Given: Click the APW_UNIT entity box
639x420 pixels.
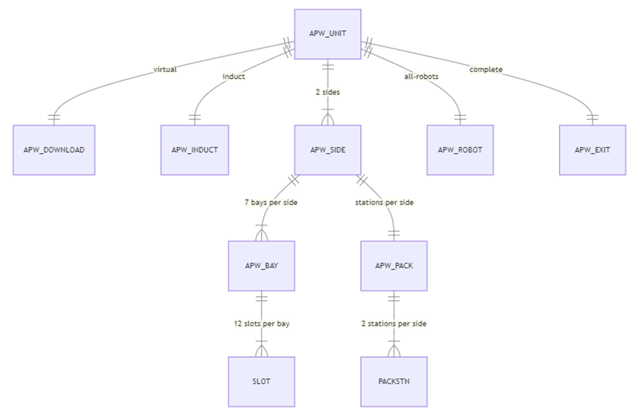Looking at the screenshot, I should tap(327, 34).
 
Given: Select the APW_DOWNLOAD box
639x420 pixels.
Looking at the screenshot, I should tap(54, 150).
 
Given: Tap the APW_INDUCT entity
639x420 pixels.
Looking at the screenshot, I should tap(195, 150).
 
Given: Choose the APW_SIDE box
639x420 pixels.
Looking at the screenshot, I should tap(327, 150).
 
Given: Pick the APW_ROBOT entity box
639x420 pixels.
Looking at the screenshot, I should tap(459, 150).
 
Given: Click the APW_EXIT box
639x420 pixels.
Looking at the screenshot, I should tap(592, 150).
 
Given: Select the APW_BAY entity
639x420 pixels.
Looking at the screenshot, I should tap(261, 266).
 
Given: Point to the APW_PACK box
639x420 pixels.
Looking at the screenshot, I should tap(394, 266).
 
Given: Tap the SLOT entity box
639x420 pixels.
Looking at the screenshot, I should tap(261, 381).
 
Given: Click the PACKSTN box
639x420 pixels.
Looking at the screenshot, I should tap(394, 381).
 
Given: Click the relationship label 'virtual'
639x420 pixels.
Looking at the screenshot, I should tap(165, 69).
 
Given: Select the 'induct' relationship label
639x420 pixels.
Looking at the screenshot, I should tap(233, 77).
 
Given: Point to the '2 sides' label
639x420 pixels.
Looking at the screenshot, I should tap(327, 92).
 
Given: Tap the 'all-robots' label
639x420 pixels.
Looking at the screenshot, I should tap(421, 77).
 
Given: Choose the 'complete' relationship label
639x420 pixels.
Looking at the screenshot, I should tap(486, 69).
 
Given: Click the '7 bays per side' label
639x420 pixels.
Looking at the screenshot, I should tap(270, 202).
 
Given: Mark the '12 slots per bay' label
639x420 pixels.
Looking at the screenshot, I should tap(261, 324).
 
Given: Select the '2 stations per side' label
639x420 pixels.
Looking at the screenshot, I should tap(394, 324).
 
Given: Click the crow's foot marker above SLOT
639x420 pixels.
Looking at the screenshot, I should tap(261, 351).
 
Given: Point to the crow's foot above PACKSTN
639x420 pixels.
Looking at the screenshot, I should tap(394, 351).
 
